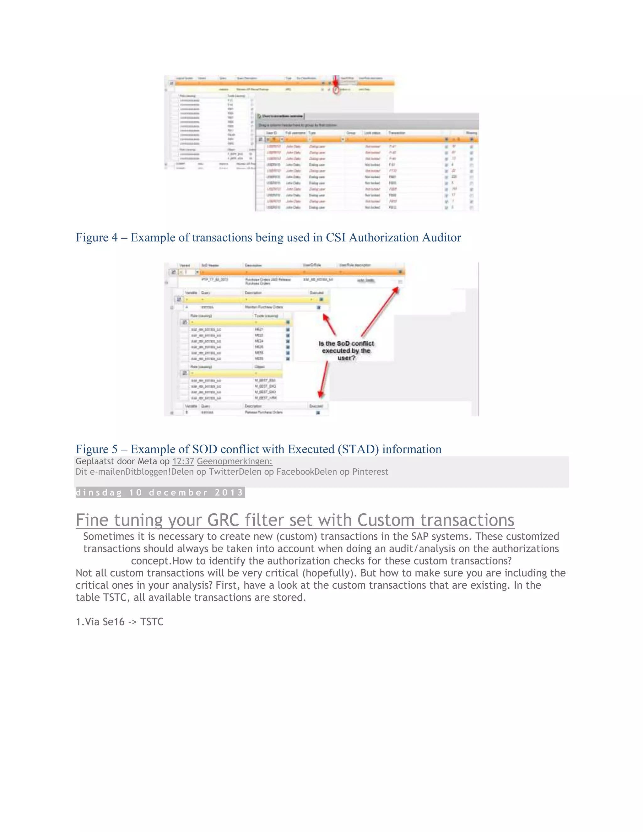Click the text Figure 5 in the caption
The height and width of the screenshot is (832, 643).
pos(96,449)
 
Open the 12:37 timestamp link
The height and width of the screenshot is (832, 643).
pos(183,461)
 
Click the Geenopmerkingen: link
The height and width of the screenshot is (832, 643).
pos(234,461)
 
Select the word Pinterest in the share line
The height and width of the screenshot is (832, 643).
pos(370,472)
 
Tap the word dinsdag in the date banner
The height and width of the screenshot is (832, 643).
pos(99,493)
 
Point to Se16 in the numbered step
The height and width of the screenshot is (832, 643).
pos(114,622)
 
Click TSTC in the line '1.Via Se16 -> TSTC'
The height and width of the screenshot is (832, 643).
pos(152,622)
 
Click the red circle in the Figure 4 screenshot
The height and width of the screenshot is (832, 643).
pos(336,90)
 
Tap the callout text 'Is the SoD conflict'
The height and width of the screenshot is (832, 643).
pos(346,343)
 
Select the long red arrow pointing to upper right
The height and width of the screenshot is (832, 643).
pos(379,312)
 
